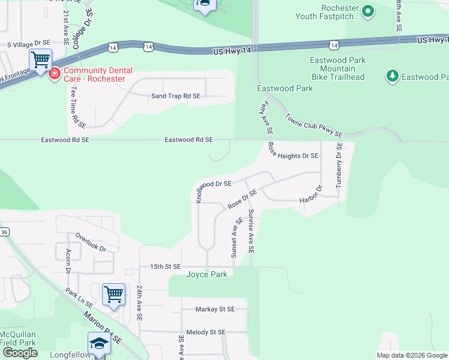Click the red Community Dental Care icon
[55, 74]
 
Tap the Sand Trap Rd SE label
[175, 96]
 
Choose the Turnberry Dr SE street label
[339, 165]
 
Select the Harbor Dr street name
[311, 197]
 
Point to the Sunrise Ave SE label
[252, 231]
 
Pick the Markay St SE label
[215, 310]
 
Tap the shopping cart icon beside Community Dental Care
[40, 61]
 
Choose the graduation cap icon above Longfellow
[99, 343]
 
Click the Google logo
[20, 353]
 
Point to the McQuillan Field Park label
[18, 338]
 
